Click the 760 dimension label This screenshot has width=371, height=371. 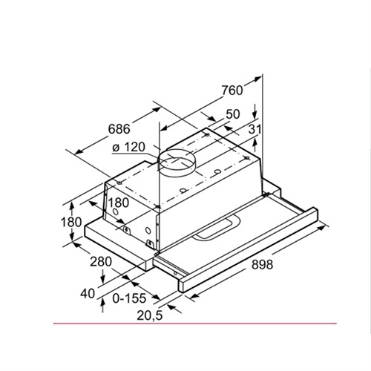[232, 91]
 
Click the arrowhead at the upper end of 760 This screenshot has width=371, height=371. [260, 78]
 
